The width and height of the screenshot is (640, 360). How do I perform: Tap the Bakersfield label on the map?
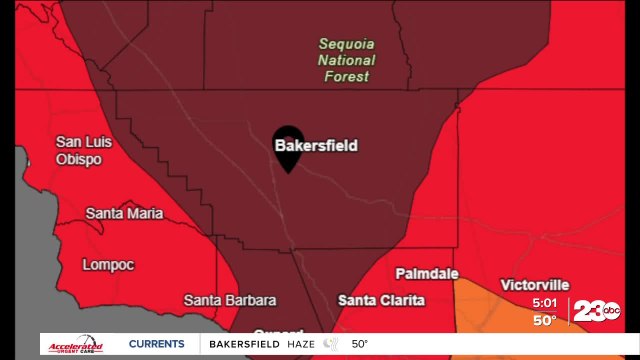tap(316, 146)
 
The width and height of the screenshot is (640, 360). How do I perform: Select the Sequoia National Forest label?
tap(345, 60)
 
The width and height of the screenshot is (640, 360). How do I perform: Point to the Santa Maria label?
tap(124, 213)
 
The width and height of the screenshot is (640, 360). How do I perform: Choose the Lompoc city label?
tap(109, 265)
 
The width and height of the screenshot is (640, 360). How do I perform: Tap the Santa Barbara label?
tap(230, 300)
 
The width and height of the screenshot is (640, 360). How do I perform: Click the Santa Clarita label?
tap(381, 300)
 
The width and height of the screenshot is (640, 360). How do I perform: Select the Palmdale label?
tap(427, 273)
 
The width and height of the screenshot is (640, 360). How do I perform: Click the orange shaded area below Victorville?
tap(490, 310)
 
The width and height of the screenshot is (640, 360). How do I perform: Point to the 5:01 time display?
tap(545, 302)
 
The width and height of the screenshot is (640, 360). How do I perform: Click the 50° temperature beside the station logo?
tap(544, 320)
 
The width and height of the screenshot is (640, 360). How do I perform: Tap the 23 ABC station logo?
tap(596, 312)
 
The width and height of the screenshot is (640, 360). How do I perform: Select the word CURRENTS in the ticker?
tap(157, 344)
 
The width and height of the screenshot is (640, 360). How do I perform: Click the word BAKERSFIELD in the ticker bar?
tap(243, 344)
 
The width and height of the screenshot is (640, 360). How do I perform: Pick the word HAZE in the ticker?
tap(299, 344)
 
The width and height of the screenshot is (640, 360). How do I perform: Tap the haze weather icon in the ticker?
tap(330, 344)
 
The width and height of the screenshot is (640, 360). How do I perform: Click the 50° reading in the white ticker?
tap(359, 344)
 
